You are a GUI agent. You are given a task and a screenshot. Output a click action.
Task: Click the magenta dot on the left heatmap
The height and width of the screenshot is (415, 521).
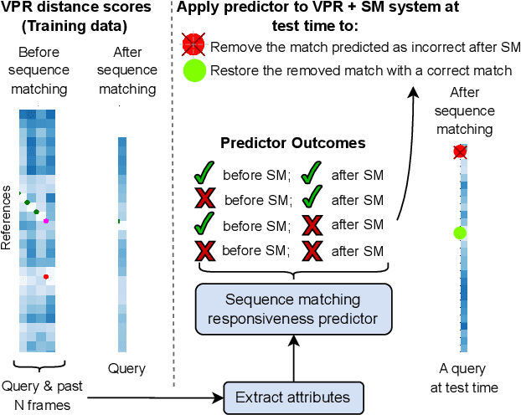point(46,221)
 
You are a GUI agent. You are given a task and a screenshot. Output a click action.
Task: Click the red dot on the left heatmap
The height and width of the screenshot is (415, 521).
point(46,276)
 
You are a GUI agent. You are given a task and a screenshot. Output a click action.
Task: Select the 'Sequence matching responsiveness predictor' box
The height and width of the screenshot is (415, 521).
point(293,307)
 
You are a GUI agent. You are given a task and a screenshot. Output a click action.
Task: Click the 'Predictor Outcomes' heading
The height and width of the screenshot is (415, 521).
point(292,143)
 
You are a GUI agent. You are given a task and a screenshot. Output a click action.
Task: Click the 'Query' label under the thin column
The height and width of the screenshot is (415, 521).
point(126,368)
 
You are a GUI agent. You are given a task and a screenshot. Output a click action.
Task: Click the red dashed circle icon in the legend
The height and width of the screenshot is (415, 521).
point(194,46)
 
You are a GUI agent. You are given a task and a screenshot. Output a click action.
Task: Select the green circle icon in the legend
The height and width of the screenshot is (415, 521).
point(194,71)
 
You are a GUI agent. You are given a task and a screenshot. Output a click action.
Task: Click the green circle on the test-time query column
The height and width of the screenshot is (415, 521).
point(458,233)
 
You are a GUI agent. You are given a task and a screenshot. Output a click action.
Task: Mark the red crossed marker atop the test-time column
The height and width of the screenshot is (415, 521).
point(459,151)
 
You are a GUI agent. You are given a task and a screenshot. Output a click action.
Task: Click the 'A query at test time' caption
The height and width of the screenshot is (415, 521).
point(468,379)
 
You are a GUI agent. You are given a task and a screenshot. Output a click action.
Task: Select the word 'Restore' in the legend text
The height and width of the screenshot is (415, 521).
point(234,71)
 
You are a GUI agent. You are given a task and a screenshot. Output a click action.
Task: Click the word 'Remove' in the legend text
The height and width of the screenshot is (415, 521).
point(234,47)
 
